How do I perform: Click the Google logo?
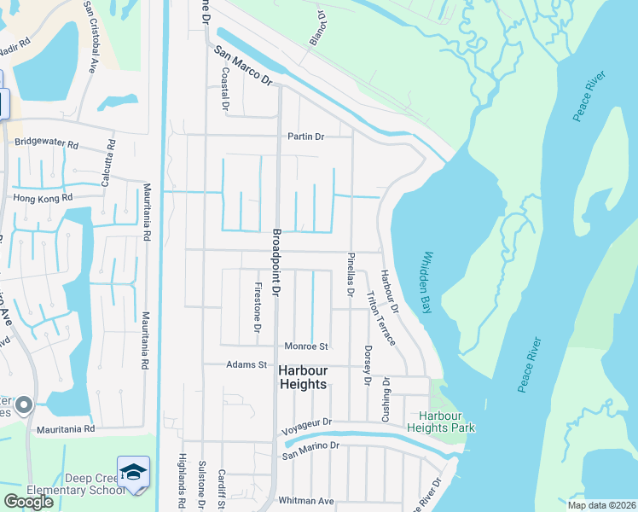click(x=28, y=501)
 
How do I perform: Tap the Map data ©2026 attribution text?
click(x=600, y=505)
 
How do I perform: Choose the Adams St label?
click(x=246, y=364)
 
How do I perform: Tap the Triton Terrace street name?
click(x=380, y=317)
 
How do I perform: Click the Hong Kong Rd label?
click(x=43, y=197)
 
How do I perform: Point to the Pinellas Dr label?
click(x=350, y=274)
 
